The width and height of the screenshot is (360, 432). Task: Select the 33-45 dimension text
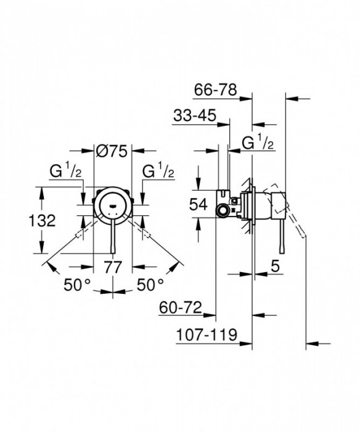coord(194,116)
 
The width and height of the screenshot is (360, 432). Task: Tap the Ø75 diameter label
coord(112,149)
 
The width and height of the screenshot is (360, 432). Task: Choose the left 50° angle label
coord(78,285)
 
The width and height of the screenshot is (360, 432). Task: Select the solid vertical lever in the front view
coord(112,241)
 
